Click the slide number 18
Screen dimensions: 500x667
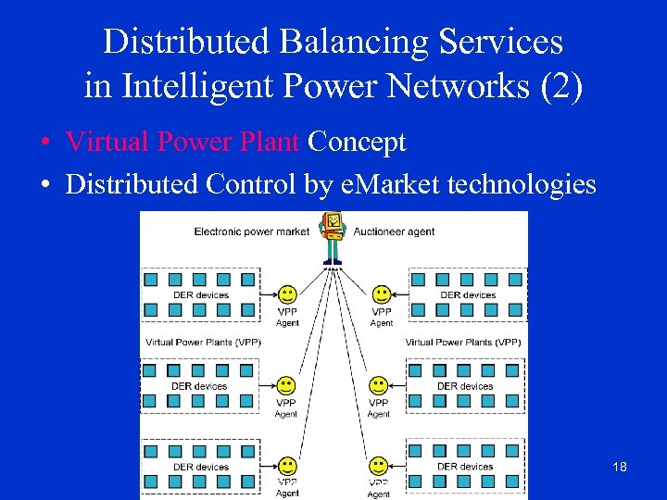click(x=620, y=467)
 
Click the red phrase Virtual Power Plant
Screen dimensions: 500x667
click(x=182, y=143)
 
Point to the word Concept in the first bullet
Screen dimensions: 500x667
click(x=357, y=143)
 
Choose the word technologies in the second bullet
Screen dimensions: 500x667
click(x=522, y=184)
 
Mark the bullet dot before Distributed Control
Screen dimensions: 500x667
click(x=44, y=185)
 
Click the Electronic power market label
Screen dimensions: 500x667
click(x=251, y=231)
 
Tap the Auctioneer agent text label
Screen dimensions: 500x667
click(x=394, y=231)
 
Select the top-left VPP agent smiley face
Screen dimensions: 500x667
click(x=289, y=294)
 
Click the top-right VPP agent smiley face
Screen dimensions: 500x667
click(x=381, y=294)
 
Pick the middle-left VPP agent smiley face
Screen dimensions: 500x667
click(x=286, y=384)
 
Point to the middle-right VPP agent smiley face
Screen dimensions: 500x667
click(x=379, y=384)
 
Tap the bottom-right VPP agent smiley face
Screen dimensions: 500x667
click(x=379, y=465)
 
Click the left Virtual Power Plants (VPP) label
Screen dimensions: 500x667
click(x=203, y=343)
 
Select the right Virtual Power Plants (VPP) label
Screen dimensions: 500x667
click(x=463, y=343)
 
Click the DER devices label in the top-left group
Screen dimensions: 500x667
click(x=200, y=295)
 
